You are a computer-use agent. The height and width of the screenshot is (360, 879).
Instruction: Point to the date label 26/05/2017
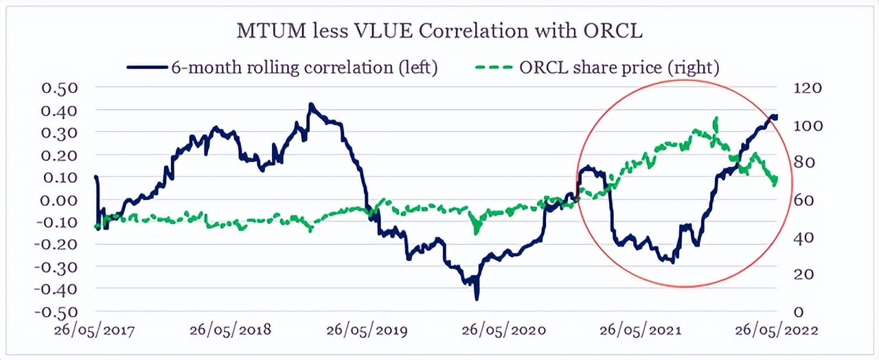coord(95,330)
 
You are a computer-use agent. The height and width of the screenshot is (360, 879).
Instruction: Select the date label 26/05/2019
coord(368,330)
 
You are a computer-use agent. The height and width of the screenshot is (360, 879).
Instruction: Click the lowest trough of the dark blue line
coord(477,298)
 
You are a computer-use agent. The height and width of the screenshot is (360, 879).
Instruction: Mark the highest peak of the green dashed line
coord(716,119)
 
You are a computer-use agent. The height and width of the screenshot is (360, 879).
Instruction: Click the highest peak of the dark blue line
coord(310,105)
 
